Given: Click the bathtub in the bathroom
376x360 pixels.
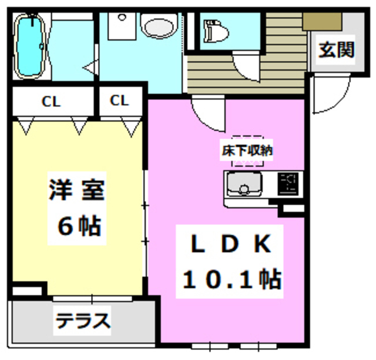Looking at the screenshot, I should (29, 46).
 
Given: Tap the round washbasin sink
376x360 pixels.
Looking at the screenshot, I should (159, 26).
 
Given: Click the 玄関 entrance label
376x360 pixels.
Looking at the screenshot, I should (337, 50).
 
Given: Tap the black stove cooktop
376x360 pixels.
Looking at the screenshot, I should (289, 184).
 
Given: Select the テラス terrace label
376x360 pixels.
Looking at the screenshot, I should (83, 322).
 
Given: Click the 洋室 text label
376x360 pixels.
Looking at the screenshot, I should (76, 192).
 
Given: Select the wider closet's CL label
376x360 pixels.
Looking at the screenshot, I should (51, 101).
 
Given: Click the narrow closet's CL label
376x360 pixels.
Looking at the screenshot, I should (119, 101).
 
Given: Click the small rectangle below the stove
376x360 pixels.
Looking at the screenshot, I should (292, 208).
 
